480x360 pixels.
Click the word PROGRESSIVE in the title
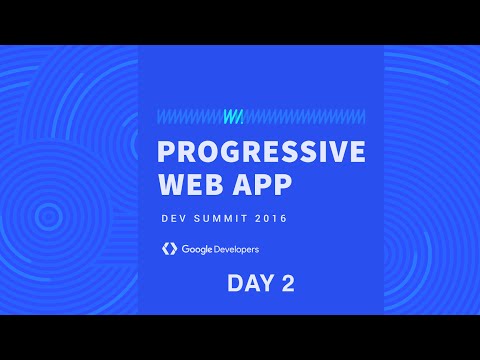point(262,153)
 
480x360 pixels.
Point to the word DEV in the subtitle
point(173,218)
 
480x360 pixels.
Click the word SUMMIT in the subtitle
point(225,218)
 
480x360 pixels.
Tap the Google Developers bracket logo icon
point(168,248)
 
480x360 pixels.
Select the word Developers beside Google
point(238,248)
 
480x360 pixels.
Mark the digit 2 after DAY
point(288,284)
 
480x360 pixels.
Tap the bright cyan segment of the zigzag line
point(233,116)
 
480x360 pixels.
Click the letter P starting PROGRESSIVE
point(168,153)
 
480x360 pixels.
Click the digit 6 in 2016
point(296,218)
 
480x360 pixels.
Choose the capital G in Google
point(186,248)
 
